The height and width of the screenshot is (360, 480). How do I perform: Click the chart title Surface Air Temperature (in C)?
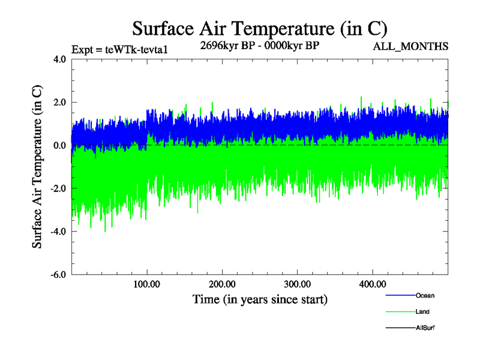point(259,28)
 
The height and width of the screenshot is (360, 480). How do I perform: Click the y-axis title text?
point(37,167)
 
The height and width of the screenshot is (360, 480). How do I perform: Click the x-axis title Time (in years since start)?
point(260,299)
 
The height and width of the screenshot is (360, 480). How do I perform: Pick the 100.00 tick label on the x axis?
point(147,284)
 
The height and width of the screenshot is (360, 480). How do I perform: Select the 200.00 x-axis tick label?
point(222,284)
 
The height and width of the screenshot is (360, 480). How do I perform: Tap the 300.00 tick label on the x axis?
point(297,284)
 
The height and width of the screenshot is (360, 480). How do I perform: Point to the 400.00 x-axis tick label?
point(372,284)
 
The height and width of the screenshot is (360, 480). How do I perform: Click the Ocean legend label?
point(425,296)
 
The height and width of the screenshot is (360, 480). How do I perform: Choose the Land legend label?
point(422,312)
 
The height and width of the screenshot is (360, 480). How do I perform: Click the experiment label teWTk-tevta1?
point(118,50)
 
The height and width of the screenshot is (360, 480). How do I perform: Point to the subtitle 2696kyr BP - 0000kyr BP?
point(260,46)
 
